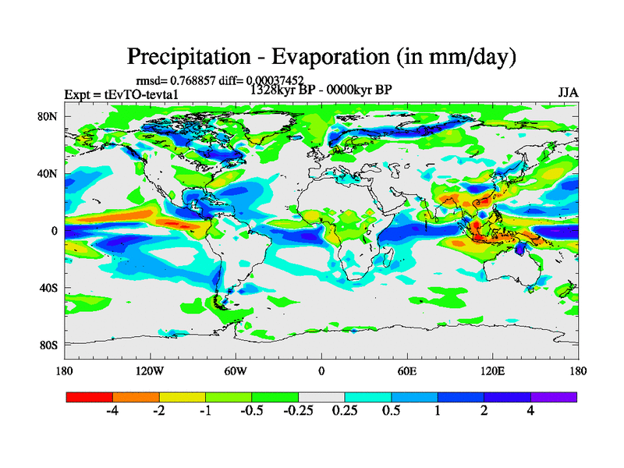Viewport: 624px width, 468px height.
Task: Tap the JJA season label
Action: [x=568, y=93]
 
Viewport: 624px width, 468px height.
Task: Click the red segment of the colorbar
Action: [x=90, y=397]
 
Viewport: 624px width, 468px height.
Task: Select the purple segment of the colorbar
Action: [x=554, y=397]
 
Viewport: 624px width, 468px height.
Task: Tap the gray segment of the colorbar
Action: [x=321, y=397]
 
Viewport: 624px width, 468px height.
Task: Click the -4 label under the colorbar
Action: [x=112, y=411]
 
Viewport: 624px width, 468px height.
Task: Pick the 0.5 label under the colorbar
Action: [x=391, y=411]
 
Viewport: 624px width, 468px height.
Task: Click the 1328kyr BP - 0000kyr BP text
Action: [x=321, y=89]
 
